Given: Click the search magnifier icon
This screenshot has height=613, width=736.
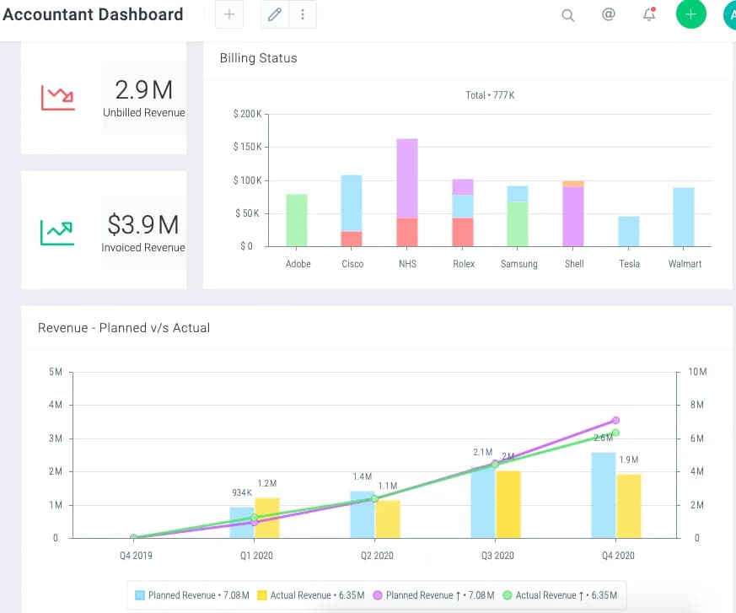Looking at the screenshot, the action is (x=568, y=15).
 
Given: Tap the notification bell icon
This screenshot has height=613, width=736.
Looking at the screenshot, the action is (x=649, y=14).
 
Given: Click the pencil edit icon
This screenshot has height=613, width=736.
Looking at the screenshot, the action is (x=275, y=14).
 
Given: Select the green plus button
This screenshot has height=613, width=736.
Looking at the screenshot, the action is (x=691, y=14).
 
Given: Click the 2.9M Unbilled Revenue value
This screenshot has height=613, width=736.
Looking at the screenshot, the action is (x=144, y=89).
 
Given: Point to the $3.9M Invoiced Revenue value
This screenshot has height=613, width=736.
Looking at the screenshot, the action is (x=143, y=224).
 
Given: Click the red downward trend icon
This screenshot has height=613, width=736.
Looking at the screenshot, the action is (x=57, y=98).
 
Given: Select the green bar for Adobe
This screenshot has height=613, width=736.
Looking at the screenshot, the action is (x=297, y=220).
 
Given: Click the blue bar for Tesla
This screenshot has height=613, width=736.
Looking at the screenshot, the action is (x=629, y=231).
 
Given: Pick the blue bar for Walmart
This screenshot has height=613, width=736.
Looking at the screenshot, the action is (x=684, y=217).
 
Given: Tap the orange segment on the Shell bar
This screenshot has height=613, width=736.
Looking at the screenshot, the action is (x=573, y=184).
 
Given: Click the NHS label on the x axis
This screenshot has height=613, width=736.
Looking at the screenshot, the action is (x=407, y=264).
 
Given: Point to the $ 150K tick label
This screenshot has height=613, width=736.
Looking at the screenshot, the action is (x=247, y=147).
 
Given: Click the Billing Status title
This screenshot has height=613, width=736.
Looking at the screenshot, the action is (x=259, y=58).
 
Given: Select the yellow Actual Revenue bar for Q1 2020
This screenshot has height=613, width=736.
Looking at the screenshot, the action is (x=267, y=518).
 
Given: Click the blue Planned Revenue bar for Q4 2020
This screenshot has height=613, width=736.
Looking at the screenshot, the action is (x=604, y=495).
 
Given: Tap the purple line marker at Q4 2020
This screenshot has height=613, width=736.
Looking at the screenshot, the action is (x=615, y=420).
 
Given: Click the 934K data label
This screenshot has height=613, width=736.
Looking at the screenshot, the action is (x=242, y=492).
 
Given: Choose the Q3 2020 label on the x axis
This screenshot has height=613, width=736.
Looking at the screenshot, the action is (x=497, y=556).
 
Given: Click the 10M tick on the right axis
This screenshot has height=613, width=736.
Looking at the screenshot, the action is (x=697, y=372).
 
